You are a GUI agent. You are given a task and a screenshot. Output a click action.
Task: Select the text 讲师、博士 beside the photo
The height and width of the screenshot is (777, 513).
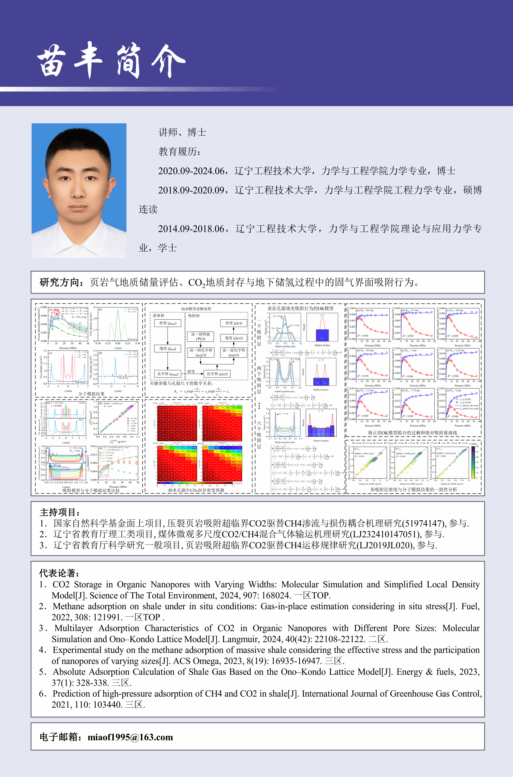[x=182, y=132]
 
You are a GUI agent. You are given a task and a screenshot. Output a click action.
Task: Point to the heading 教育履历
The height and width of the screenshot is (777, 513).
[x=179, y=151]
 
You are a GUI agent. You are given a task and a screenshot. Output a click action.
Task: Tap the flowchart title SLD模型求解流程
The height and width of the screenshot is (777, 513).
[x=196, y=309]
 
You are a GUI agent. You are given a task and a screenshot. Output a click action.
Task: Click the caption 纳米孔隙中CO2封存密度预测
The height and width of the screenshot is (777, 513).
[x=196, y=490]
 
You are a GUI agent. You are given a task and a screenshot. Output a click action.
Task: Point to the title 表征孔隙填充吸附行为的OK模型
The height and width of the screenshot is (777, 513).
[x=300, y=308]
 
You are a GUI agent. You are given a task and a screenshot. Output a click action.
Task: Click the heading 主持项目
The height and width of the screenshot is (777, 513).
[x=59, y=512]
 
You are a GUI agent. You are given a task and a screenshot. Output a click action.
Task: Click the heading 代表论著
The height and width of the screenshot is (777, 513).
[x=59, y=573]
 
